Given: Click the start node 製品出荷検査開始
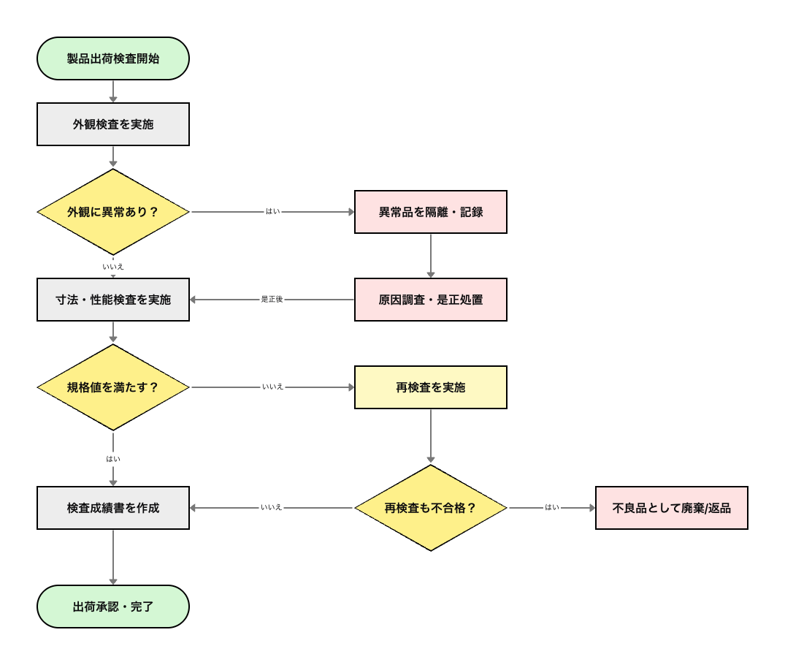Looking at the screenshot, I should (x=113, y=58).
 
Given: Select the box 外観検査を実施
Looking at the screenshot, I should (x=113, y=124).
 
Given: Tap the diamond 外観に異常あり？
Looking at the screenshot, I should (x=113, y=212).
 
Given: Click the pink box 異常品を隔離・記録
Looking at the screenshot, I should (x=431, y=212).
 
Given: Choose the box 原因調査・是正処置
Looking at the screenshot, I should (x=431, y=300).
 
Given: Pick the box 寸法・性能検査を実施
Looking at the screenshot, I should (x=113, y=300).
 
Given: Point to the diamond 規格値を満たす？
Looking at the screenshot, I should (x=113, y=387).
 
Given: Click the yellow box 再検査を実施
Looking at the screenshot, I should (x=431, y=387).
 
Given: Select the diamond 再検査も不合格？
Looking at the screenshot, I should (x=431, y=508).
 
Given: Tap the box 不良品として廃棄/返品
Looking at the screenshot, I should (x=672, y=508).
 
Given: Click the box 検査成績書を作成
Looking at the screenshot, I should (x=113, y=508).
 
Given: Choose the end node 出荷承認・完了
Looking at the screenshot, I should (x=113, y=607).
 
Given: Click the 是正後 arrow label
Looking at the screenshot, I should (x=272, y=300).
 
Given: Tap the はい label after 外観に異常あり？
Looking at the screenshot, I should (x=272, y=212).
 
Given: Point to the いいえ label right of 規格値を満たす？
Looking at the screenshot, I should (x=272, y=387).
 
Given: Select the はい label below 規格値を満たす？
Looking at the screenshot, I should (x=113, y=459).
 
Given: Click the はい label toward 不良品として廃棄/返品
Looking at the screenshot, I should (x=552, y=507).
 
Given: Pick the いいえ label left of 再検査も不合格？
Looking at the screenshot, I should (x=272, y=507).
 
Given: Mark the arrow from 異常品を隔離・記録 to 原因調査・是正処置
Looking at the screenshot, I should (x=431, y=256).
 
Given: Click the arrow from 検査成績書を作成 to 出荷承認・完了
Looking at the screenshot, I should (x=113, y=557).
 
